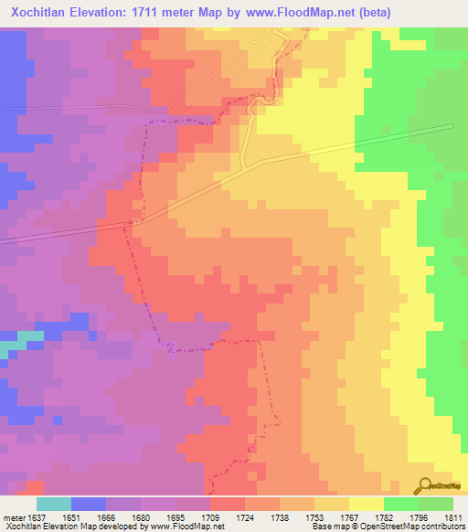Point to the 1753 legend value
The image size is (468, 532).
[x=315, y=516]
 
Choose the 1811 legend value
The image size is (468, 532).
[x=454, y=516]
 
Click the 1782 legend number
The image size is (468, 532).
[x=384, y=516]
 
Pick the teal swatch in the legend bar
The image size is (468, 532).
[x=54, y=504]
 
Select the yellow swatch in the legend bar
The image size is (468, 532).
[x=367, y=504]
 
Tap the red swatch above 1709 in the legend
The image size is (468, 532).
[x=228, y=504]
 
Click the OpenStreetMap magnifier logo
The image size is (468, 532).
[x=425, y=485]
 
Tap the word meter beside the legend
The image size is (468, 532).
[x=11, y=516]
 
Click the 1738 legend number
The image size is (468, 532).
[x=281, y=516]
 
